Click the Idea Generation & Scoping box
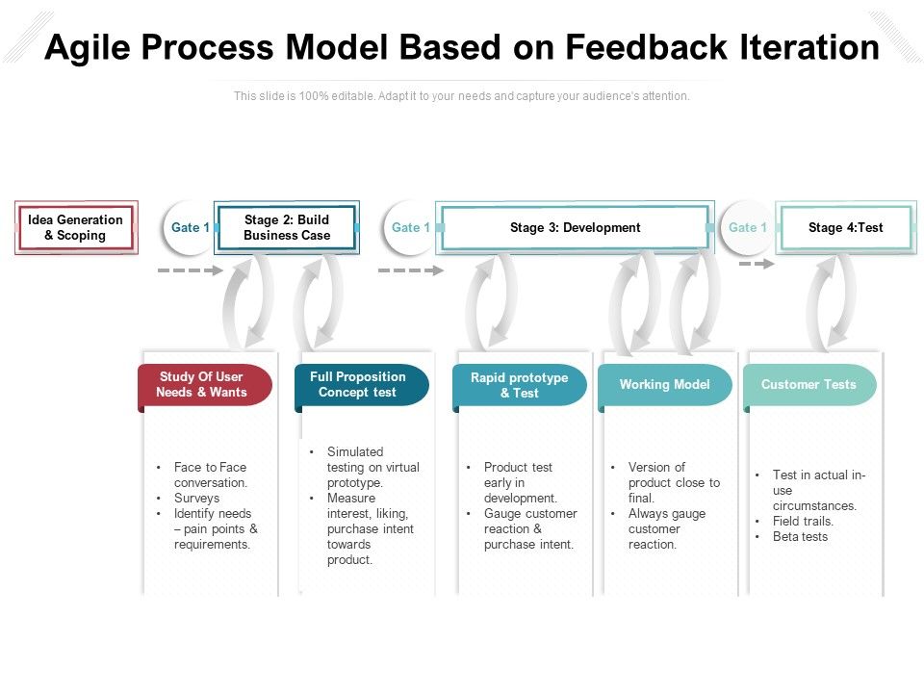(x=76, y=228)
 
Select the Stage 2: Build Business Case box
(x=287, y=228)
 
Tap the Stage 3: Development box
(x=575, y=228)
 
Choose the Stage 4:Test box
(x=845, y=228)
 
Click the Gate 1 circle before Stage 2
(x=190, y=228)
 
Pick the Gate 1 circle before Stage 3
(x=410, y=228)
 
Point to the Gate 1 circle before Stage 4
(x=747, y=228)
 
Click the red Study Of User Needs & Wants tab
(x=203, y=385)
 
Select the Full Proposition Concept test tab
(x=359, y=385)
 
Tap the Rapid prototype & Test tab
(x=519, y=385)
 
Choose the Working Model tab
(x=664, y=385)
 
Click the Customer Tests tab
(x=808, y=385)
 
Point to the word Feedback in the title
(x=652, y=48)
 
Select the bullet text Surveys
(x=196, y=499)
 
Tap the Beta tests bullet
(x=800, y=537)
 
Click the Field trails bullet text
(x=803, y=522)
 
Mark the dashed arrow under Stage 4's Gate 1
(x=757, y=263)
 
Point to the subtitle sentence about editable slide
(x=462, y=96)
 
